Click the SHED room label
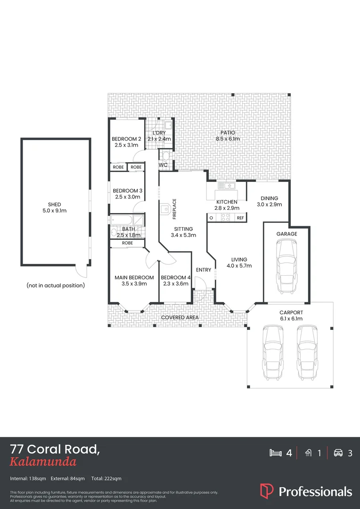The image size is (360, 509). click(x=55, y=205)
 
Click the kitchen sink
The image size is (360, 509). click(x=227, y=186)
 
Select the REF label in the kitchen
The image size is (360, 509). click(x=240, y=218)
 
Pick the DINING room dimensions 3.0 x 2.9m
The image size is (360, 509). click(x=269, y=205)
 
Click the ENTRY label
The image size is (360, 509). click(x=203, y=270)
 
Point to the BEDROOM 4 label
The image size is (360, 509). click(x=175, y=278)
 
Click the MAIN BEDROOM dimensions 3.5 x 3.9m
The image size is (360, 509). click(x=134, y=284)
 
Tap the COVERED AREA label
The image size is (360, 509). click(x=180, y=318)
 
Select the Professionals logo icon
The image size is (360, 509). click(x=266, y=491)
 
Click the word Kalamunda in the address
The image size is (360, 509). click(x=43, y=462)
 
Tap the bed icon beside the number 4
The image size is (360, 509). click(x=275, y=453)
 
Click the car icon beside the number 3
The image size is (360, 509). click(x=338, y=453)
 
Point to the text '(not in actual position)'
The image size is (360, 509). click(x=56, y=285)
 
